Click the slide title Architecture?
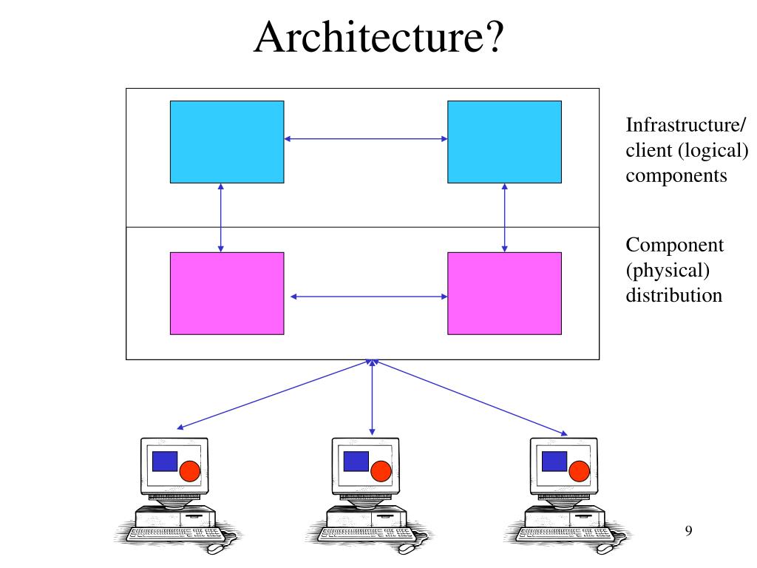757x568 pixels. (x=378, y=38)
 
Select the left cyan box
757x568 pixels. (x=227, y=141)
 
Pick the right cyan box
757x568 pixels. (x=504, y=141)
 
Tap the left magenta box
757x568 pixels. (x=227, y=293)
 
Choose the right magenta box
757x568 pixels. (x=504, y=293)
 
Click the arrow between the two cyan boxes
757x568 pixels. (x=366, y=138)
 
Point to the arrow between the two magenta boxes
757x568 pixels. (x=369, y=297)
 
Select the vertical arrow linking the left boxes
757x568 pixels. (x=220, y=217)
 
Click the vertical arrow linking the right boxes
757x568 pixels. (x=505, y=217)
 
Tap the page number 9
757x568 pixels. (x=689, y=530)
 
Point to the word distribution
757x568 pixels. (x=673, y=296)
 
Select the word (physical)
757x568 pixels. (x=668, y=271)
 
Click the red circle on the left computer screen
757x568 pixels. (x=191, y=470)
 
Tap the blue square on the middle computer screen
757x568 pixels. (x=356, y=461)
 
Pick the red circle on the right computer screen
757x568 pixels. (x=579, y=470)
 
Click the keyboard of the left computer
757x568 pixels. (x=174, y=533)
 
